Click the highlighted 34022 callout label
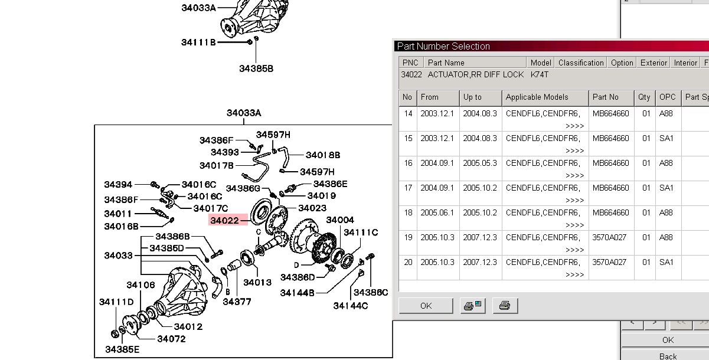pos(224,221)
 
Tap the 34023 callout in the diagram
pos(312,208)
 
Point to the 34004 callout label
pos(340,220)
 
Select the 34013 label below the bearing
pos(257,283)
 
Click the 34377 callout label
pos(237,302)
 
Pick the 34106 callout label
pos(141,285)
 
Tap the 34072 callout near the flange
pos(171,339)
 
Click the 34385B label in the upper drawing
pos(256,68)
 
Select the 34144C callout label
pos(351,306)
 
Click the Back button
pos(668,356)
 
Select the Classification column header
pos(581,63)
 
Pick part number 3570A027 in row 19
pos(609,237)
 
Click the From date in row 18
pos(437,212)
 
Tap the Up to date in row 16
pos(480,163)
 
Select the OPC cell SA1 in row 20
pos(666,262)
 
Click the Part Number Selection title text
pos(443,46)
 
